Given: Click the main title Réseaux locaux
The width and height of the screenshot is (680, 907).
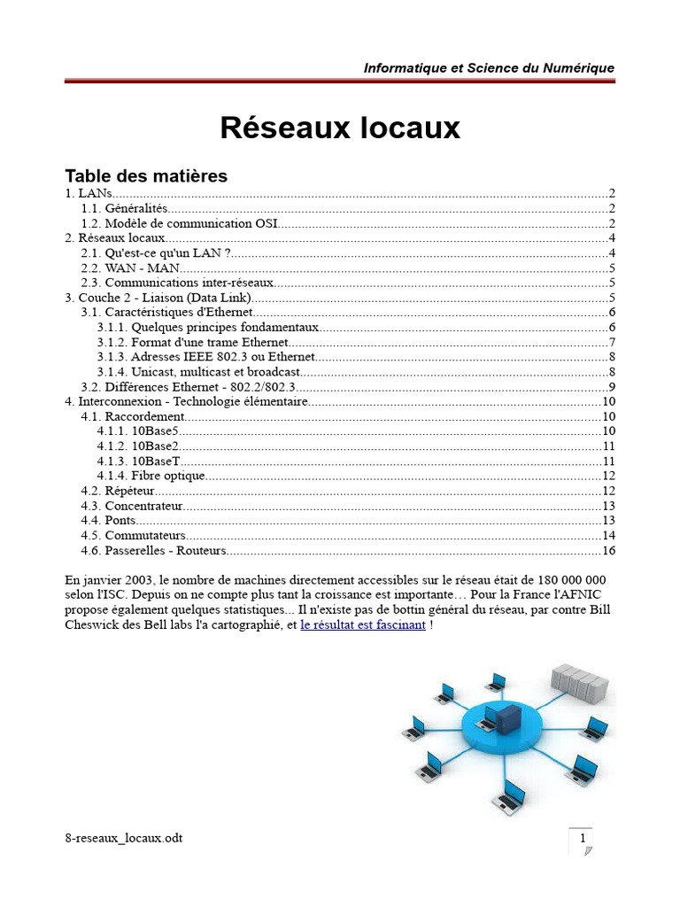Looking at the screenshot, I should pos(340,128).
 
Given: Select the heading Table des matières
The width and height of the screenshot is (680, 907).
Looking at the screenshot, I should pos(146,175).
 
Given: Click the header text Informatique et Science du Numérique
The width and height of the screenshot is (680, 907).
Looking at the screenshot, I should pos(489,68).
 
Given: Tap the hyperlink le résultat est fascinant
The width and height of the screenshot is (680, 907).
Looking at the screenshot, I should pos(363,625).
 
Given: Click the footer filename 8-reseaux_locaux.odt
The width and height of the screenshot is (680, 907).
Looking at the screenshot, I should pos(124,838).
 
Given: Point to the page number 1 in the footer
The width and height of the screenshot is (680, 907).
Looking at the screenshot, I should pos(582,839).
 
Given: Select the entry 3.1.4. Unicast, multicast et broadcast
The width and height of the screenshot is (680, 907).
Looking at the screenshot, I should pos(199,372).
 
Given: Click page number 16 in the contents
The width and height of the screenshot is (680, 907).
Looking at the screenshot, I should pos(607,551).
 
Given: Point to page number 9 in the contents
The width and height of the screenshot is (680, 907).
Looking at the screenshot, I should pos(611,387).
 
